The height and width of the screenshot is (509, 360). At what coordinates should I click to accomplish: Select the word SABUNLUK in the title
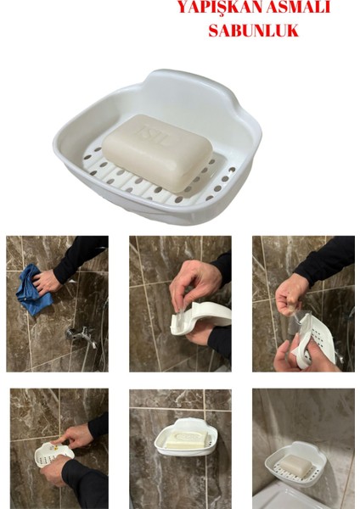pyautogui.click(x=253, y=31)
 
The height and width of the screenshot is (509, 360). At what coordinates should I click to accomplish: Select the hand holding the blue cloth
pyautogui.click(x=48, y=280)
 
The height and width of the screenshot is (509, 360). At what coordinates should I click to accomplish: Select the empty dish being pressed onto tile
pyautogui.click(x=52, y=455)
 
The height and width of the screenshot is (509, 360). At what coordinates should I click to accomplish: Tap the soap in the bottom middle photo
pyautogui.click(x=182, y=440)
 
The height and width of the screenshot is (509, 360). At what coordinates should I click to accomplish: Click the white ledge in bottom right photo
pyautogui.click(x=289, y=496)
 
